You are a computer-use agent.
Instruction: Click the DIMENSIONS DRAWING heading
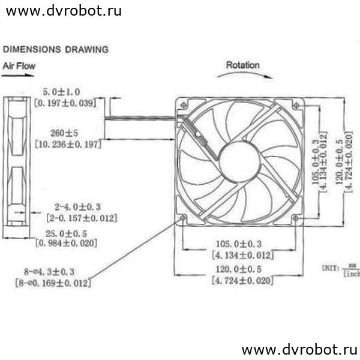[56, 49]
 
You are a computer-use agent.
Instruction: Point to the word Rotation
[243, 65]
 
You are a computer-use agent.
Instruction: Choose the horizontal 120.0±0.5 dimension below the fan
[239, 269]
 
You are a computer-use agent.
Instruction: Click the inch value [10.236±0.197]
[68, 144]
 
